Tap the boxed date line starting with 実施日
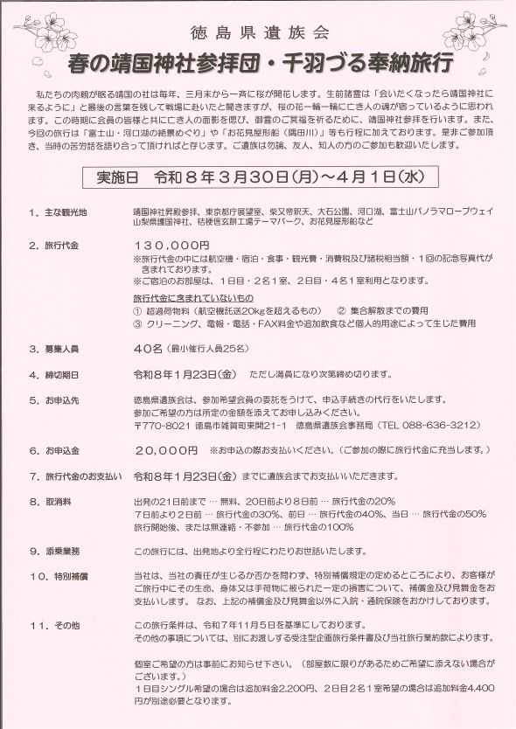pyautogui.click(x=259, y=176)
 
